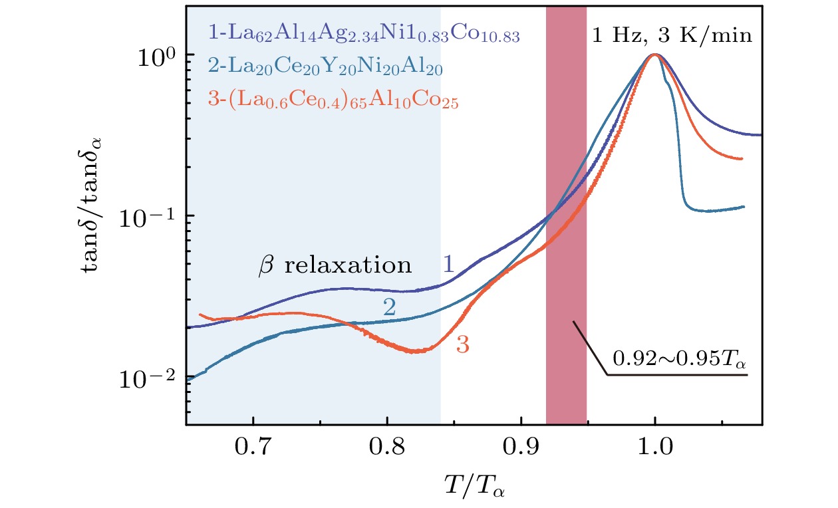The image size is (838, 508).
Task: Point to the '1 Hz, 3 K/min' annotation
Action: coord(672,35)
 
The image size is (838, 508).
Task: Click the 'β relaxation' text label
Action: coord(335,266)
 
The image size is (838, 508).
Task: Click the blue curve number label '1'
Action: coord(449,265)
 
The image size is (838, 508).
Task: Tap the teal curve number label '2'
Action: coord(390,307)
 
